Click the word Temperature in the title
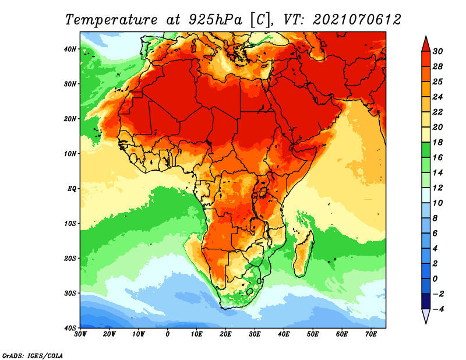[x=111, y=20]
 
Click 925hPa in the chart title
[x=216, y=20]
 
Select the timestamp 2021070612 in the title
[x=357, y=20]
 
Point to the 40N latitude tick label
[x=70, y=49]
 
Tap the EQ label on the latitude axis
[x=72, y=189]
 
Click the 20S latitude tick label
[x=70, y=258]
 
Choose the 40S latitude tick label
[x=70, y=328]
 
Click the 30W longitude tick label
[x=80, y=334]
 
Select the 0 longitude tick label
[x=168, y=334]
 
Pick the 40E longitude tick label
[x=284, y=334]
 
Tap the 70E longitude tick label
[x=371, y=334]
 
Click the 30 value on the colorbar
[x=437, y=51]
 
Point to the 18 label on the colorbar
[x=437, y=142]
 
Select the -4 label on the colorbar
[x=439, y=309]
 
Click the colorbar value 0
[x=435, y=279]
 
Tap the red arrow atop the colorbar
[x=426, y=44]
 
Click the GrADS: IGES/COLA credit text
[x=33, y=356]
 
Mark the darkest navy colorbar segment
[x=426, y=301]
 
